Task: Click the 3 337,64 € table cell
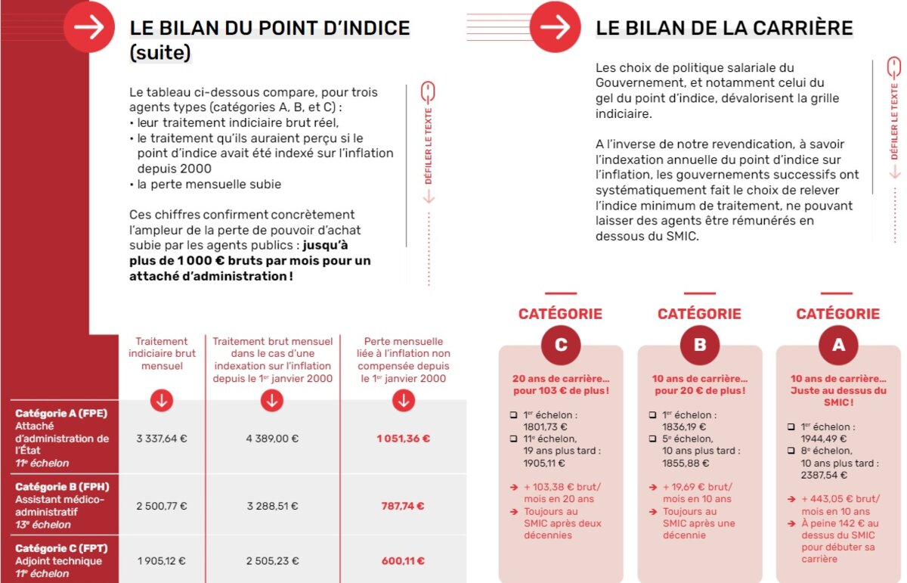coord(161,438)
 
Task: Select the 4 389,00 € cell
coord(272,438)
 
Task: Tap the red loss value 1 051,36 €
coord(404,438)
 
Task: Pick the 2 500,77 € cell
coord(161,506)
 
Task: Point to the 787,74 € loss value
coord(404,506)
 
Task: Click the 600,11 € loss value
coord(404,560)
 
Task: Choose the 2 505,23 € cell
coord(272,560)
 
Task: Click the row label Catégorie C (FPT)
coord(60,549)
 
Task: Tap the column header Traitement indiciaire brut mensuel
coord(162,354)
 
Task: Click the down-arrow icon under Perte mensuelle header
coord(404,402)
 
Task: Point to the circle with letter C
coord(561,346)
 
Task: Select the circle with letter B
coord(700,346)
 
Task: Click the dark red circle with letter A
coord(838,346)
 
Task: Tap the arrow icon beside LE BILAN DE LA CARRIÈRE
coord(556,27)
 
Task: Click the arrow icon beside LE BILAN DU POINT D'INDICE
coord(89,27)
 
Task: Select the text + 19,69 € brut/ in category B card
coord(697,487)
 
